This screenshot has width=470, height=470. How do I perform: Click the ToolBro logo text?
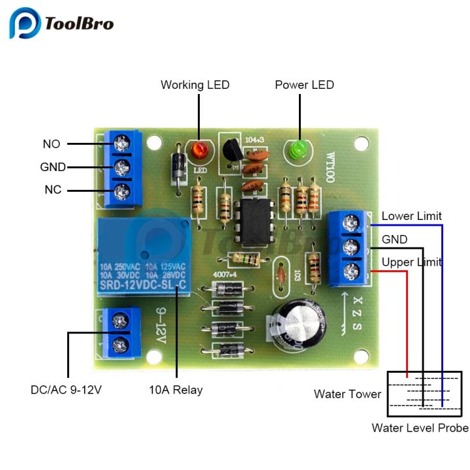[79, 24]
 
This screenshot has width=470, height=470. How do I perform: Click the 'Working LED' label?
[195, 85]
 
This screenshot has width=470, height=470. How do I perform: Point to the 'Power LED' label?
[304, 85]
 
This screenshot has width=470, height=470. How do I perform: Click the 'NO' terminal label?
[52, 144]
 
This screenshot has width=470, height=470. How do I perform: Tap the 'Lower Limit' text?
[411, 216]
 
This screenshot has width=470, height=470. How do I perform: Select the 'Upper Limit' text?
[411, 262]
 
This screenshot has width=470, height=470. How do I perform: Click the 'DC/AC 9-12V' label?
[66, 390]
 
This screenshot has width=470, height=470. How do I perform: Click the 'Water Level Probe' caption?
[420, 428]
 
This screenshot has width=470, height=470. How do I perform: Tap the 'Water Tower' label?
[347, 394]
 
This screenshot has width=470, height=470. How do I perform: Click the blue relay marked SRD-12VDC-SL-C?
[144, 258]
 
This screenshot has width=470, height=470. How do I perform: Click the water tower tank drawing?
[424, 394]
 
